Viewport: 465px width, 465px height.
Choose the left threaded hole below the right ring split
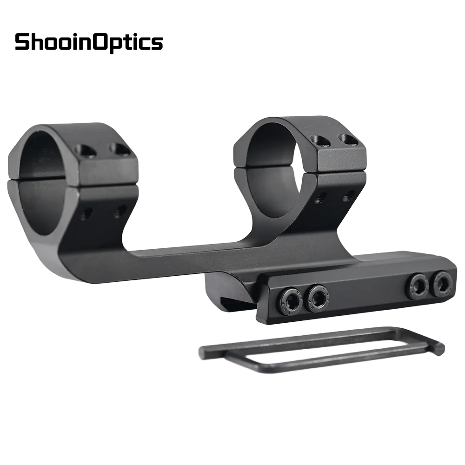[x=319, y=199]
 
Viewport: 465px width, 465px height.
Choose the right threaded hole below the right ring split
[x=346, y=196]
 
